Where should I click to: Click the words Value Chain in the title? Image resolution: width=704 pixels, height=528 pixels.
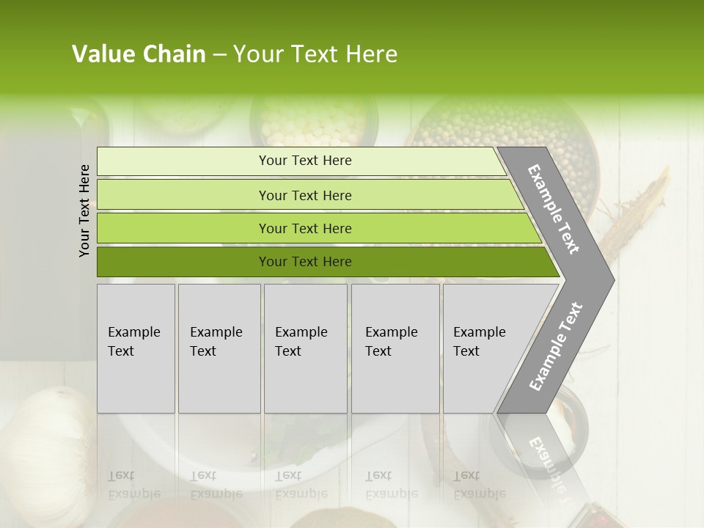click(x=139, y=54)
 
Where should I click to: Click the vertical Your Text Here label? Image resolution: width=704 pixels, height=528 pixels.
click(x=84, y=210)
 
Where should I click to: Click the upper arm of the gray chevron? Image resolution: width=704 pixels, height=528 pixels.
click(x=554, y=209)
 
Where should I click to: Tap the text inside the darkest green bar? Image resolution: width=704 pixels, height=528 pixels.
click(x=305, y=262)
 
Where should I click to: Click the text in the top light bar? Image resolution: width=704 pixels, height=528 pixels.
click(x=305, y=161)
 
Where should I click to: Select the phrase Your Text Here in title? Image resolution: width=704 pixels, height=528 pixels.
click(x=315, y=54)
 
